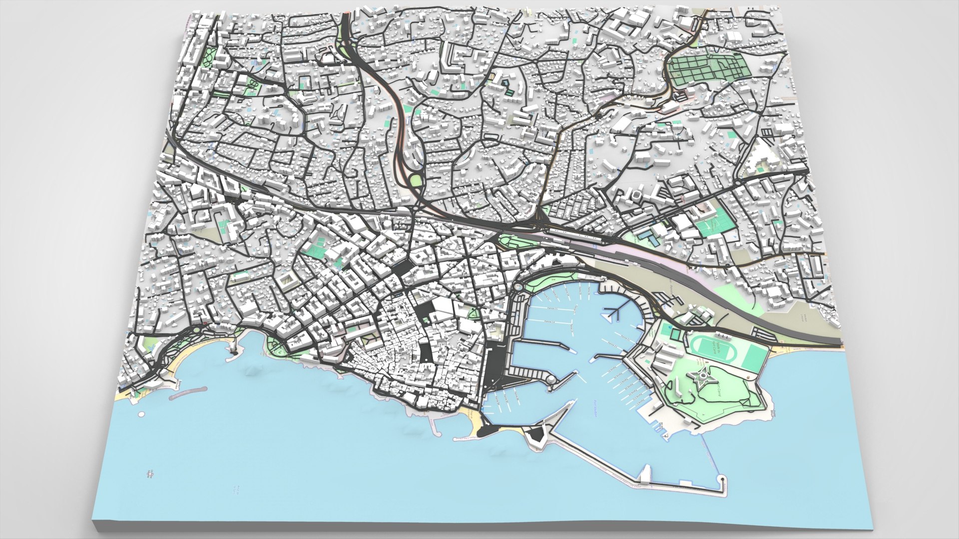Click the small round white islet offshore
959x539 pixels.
pyautogui.click(x=142, y=414)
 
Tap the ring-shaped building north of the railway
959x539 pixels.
pyautogui.click(x=637, y=195)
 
